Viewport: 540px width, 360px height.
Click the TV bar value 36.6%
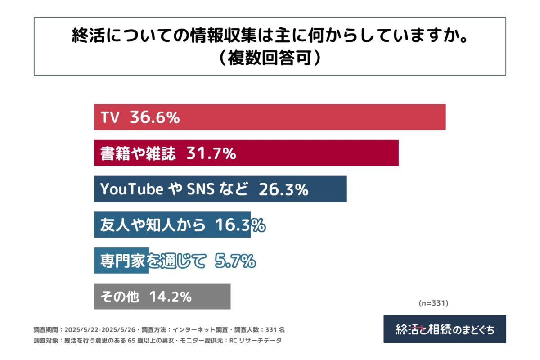155,117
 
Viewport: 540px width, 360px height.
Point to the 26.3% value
283,189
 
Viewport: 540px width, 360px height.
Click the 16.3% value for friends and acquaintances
239,225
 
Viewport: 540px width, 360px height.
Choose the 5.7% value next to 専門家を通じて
235,261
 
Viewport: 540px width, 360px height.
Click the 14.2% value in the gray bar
171,297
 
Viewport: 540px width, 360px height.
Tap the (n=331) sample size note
434,303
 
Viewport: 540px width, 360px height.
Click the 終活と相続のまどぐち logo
445,329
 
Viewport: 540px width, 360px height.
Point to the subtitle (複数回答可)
270,58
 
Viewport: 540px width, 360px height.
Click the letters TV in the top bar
110,118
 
